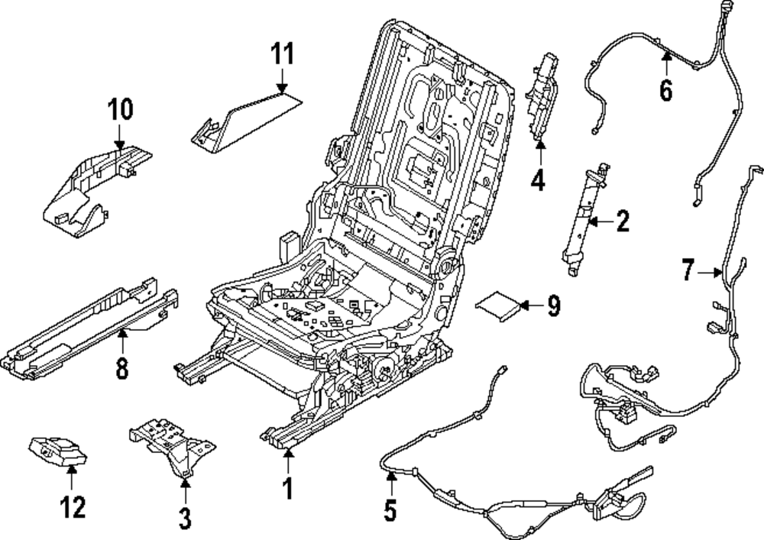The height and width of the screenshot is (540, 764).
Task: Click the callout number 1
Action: click(x=288, y=487)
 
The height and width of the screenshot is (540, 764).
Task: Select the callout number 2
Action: click(x=623, y=222)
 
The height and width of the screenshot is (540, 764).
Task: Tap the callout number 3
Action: click(x=185, y=519)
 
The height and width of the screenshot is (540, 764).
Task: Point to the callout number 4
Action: click(x=539, y=181)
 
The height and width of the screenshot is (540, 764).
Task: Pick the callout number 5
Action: click(x=390, y=510)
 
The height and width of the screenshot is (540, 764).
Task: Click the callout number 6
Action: click(x=666, y=90)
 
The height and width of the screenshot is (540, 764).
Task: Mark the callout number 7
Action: click(x=688, y=270)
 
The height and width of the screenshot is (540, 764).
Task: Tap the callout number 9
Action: click(x=552, y=306)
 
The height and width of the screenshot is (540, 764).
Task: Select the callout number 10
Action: click(x=119, y=109)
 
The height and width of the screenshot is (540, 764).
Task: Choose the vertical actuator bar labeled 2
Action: click(x=584, y=218)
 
